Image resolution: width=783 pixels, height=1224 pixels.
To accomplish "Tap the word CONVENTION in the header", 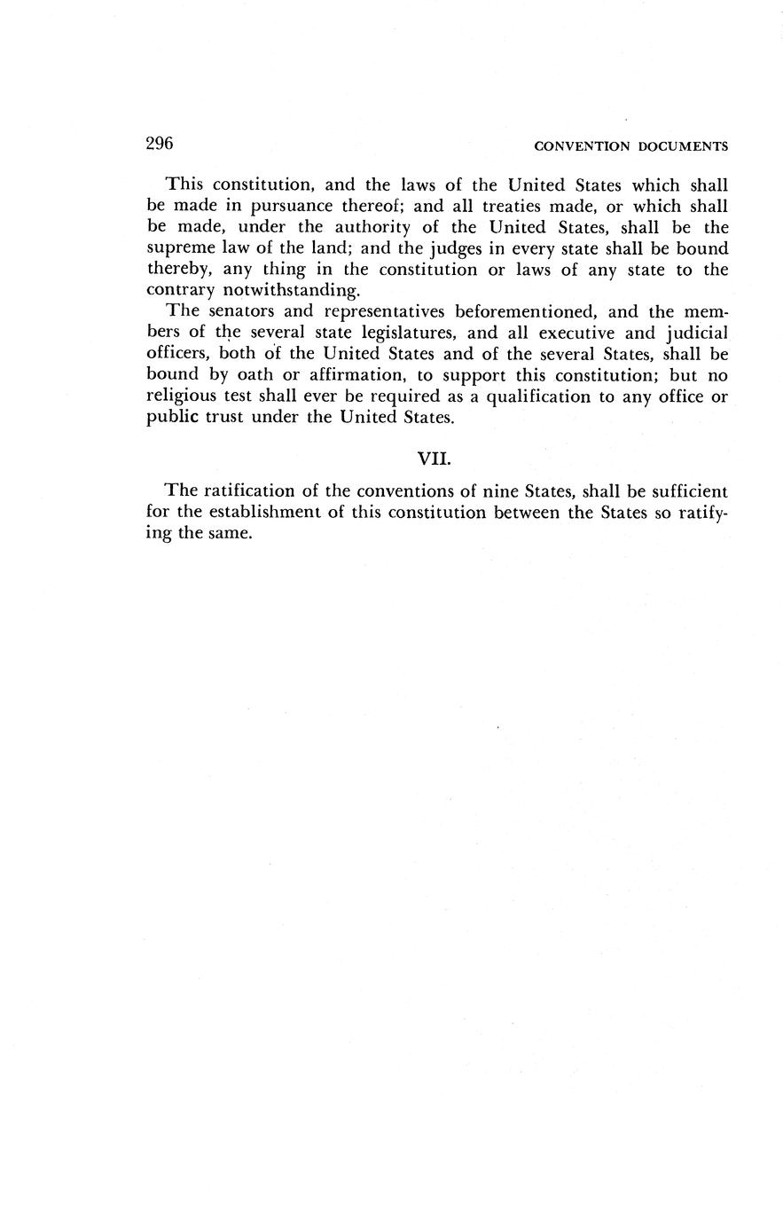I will pos(582,146).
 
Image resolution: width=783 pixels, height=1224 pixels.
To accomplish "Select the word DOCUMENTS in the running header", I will pos(684,146).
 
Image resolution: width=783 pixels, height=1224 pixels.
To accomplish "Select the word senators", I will pos(249,312).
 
